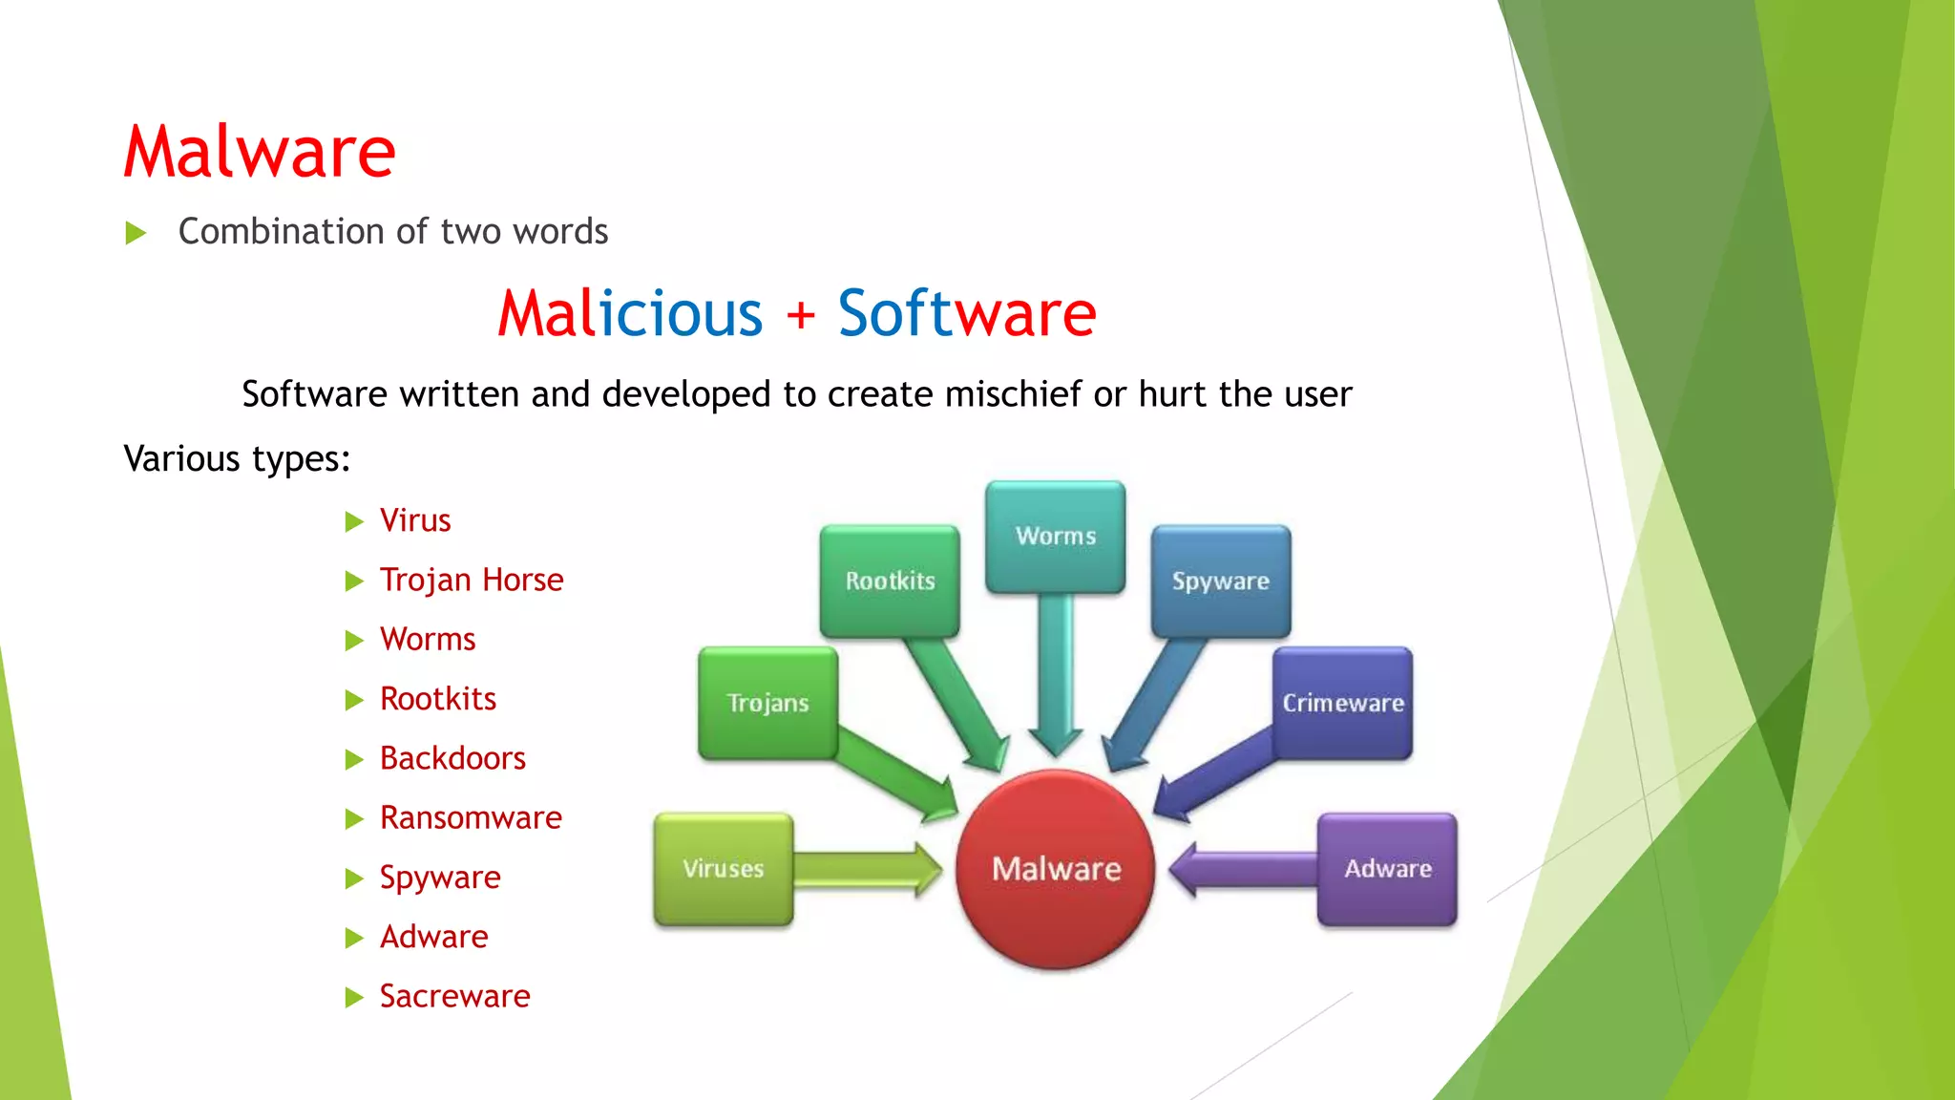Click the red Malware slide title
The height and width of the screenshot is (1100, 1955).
tap(259, 152)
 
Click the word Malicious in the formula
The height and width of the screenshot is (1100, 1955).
tap(630, 313)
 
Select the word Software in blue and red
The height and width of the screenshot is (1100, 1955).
tap(967, 313)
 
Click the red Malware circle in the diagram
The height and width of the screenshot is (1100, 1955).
tap(1056, 869)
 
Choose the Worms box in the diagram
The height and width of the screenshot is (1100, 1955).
tap(1055, 536)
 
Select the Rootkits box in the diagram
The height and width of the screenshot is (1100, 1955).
tap(890, 581)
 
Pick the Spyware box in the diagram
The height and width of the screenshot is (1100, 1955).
tap(1220, 581)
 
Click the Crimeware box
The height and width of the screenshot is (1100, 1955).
tap(1342, 703)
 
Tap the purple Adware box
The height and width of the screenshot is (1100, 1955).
tap(1387, 869)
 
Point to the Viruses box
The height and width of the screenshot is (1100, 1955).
tap(723, 869)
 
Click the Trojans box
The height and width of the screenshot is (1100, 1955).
tap(767, 703)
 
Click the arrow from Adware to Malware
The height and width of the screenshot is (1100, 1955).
tap(1241, 869)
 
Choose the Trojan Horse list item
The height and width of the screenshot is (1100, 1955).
tap(472, 580)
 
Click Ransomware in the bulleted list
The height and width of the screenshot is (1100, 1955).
tap(471, 817)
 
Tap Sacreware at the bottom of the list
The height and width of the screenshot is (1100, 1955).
tap(454, 996)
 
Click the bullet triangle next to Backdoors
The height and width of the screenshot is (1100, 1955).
tap(354, 759)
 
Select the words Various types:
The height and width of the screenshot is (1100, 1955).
tap(237, 459)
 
